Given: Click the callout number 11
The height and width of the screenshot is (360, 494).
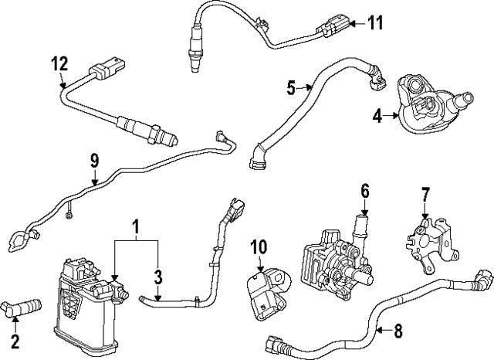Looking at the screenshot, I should click(374, 22).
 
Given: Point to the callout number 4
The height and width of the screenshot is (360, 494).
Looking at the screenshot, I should click(377, 117).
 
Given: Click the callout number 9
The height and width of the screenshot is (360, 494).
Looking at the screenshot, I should click(93, 161).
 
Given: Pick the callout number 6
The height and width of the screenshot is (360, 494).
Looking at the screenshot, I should click(365, 189).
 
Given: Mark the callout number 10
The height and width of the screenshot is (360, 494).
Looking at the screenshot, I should click(258, 246).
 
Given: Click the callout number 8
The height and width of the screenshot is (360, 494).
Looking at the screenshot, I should click(398, 332).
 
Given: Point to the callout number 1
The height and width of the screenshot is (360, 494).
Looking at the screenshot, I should click(136, 228).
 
